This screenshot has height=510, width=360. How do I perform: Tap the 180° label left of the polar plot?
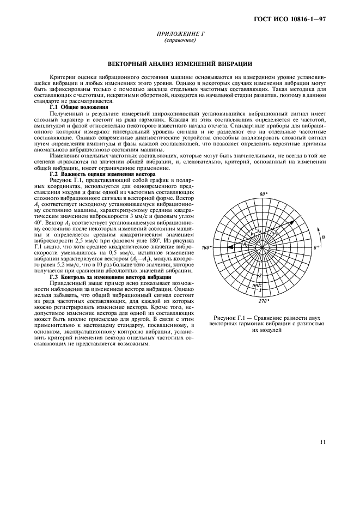pos(206,247)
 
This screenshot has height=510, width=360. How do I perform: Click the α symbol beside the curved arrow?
pos(323,237)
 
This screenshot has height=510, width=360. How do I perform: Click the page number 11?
pos(322,442)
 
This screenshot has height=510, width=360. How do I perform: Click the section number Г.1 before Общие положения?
pos(55,107)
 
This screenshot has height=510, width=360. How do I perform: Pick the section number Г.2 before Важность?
pos(55,174)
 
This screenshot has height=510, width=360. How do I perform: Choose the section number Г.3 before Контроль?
pos(55,277)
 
